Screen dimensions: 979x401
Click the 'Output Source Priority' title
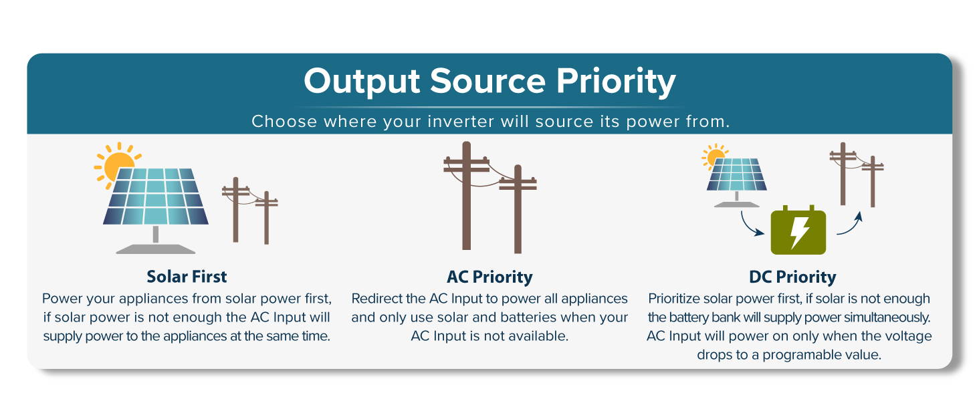pyautogui.click(x=490, y=82)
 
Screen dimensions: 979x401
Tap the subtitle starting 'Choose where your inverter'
pyautogui.click(x=490, y=122)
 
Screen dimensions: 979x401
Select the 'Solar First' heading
pyautogui.click(x=187, y=277)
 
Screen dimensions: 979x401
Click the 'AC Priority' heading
pyautogui.click(x=490, y=277)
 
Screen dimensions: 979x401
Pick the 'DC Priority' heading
pyautogui.click(x=792, y=277)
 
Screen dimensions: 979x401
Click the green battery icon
pyautogui.click(x=798, y=230)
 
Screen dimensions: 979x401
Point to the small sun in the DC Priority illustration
pyautogui.click(x=714, y=156)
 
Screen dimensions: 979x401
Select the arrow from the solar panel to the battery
pyautogui.click(x=748, y=227)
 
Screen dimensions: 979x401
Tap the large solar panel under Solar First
pyautogui.click(x=156, y=196)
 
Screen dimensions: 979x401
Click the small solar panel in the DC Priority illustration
pyautogui.click(x=736, y=174)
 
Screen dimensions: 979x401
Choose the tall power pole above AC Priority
pyautogui.click(x=466, y=196)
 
